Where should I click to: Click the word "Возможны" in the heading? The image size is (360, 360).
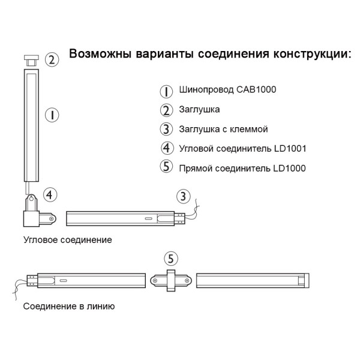(99, 54)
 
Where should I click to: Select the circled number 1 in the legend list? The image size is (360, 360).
(166, 91)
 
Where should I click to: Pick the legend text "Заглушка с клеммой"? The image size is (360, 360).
(223, 129)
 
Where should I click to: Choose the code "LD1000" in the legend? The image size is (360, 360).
(289, 168)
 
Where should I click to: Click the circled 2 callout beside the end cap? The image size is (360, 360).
(53, 59)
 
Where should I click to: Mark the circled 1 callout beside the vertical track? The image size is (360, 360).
(53, 114)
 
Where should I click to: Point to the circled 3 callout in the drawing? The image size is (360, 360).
(184, 196)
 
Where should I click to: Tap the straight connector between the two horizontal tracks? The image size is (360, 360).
(171, 280)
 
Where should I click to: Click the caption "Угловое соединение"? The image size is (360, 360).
(67, 240)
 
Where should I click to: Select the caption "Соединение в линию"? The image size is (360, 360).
(69, 306)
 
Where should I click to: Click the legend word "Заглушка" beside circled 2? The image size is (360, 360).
(199, 110)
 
